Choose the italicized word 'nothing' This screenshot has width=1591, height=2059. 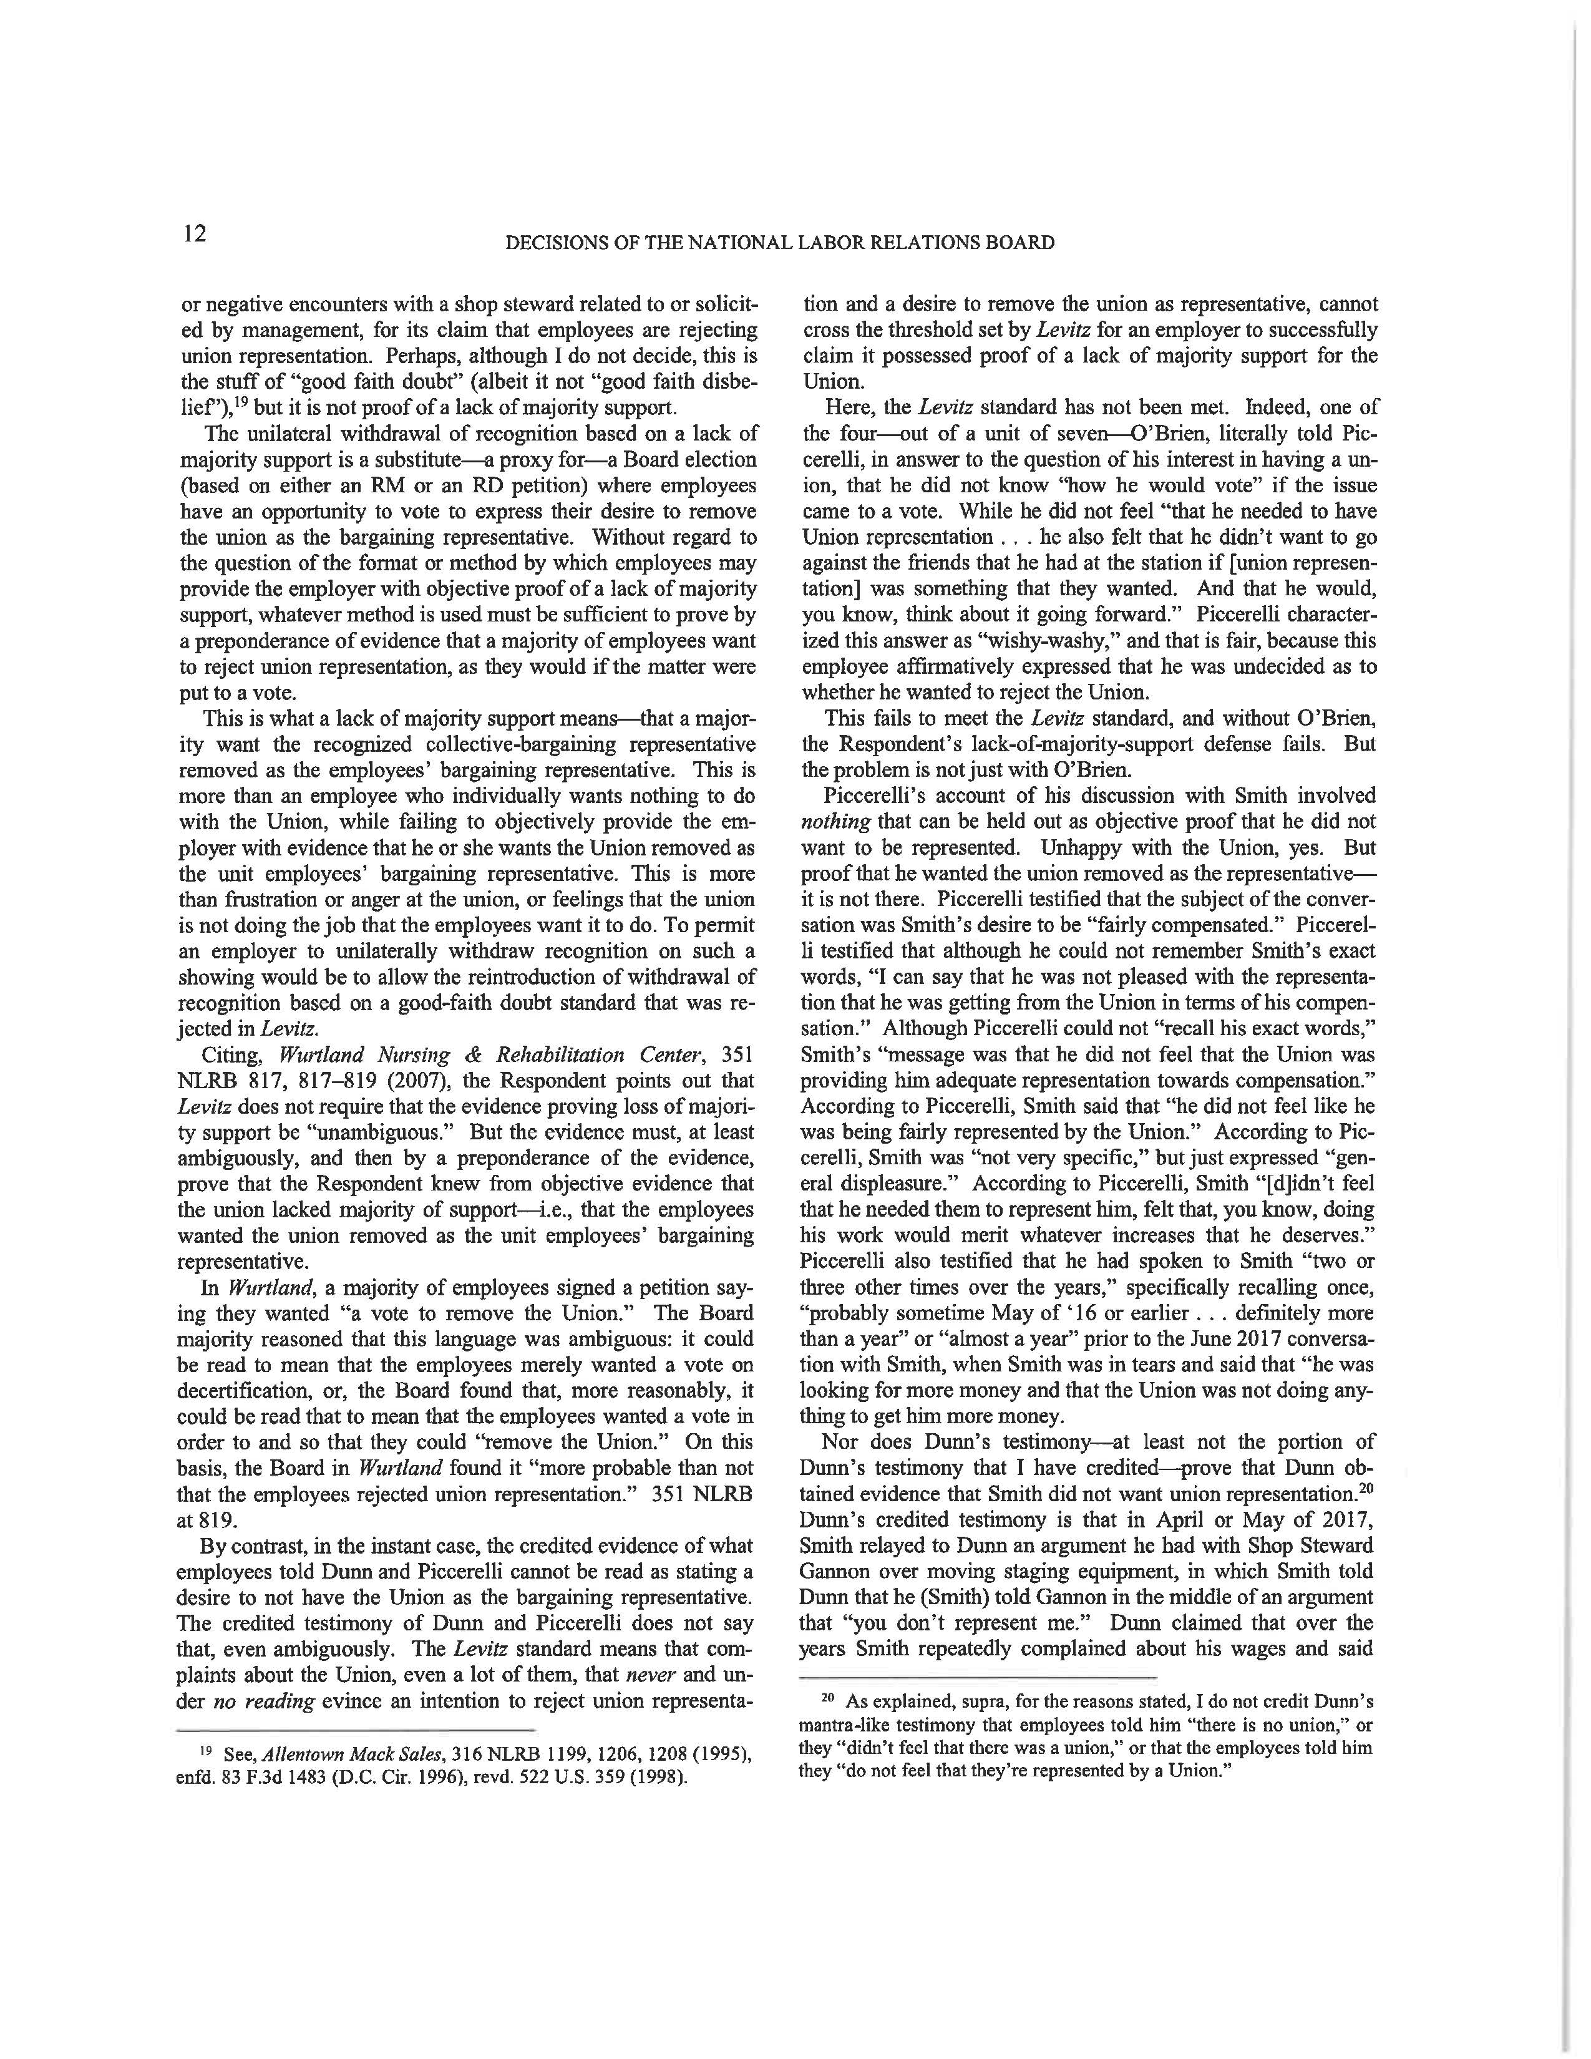(x=827, y=822)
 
